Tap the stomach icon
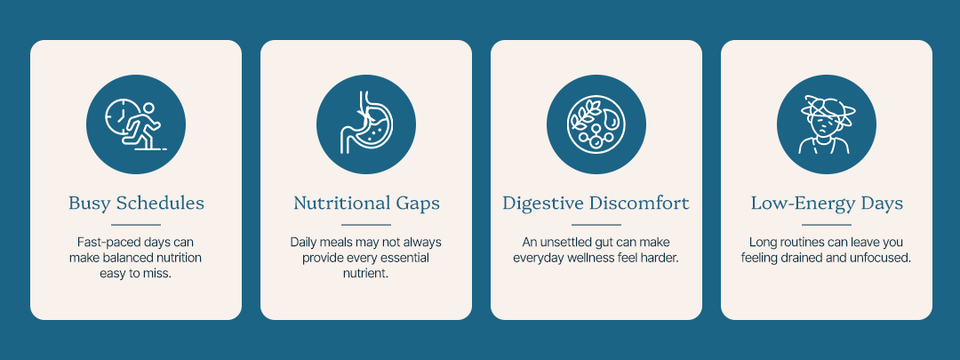click(366, 123)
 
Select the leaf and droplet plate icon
click(596, 124)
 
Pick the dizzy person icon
click(827, 124)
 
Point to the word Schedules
click(160, 203)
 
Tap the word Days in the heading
click(882, 204)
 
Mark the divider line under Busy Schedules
click(136, 225)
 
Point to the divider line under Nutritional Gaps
click(366, 225)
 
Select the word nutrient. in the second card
click(365, 274)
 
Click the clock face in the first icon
click(121, 115)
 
